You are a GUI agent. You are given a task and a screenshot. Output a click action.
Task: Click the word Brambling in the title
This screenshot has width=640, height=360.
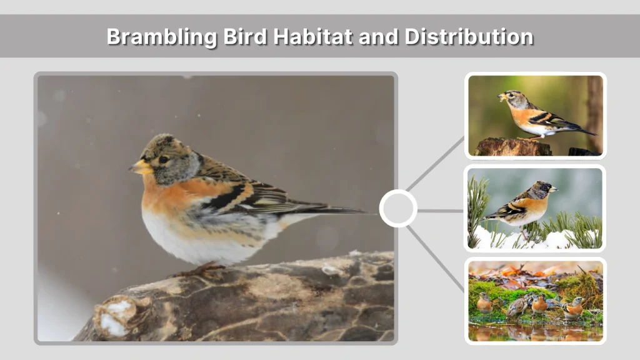click(x=161, y=36)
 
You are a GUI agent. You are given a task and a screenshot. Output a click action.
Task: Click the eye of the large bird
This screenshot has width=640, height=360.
click(x=163, y=159)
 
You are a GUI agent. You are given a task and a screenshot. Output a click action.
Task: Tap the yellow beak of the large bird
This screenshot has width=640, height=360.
click(x=141, y=167)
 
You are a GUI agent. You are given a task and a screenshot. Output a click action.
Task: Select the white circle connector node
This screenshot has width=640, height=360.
click(x=398, y=208)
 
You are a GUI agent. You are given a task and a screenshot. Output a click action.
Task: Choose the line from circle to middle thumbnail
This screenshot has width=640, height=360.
click(x=441, y=211)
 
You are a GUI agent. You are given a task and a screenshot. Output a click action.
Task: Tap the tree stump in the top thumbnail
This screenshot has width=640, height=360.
click(x=514, y=147)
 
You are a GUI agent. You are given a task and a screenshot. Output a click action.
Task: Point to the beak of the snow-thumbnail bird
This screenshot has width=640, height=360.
click(x=552, y=188)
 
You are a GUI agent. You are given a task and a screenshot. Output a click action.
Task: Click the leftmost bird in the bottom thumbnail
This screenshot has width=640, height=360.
click(x=484, y=304)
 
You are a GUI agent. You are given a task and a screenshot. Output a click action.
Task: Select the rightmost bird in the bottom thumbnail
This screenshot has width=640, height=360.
click(x=573, y=307)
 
